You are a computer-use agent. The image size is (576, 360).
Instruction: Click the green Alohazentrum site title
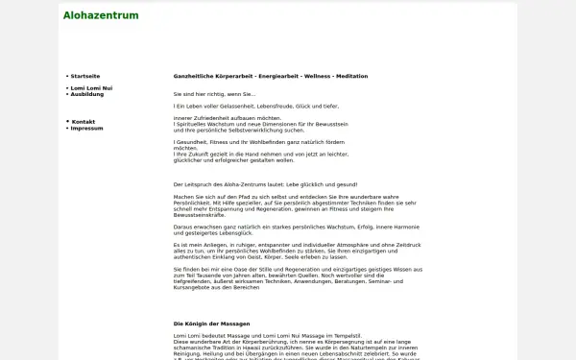(100, 15)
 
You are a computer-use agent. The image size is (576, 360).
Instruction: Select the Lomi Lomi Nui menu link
(91, 88)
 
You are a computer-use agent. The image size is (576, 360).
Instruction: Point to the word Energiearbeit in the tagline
(272, 76)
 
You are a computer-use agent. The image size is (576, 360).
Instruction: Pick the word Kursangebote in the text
(195, 287)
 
